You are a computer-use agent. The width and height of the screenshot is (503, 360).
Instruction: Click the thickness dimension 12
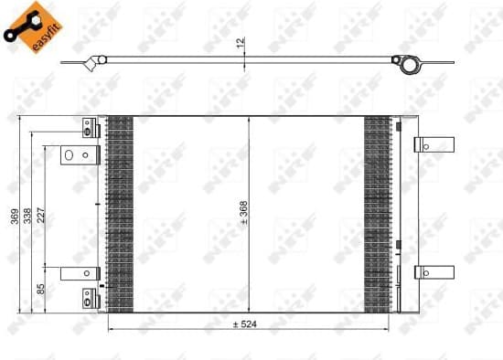(x=241, y=43)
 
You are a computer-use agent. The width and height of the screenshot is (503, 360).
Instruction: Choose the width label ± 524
(x=246, y=323)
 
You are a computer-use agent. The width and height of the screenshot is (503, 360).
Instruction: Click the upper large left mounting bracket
(x=80, y=156)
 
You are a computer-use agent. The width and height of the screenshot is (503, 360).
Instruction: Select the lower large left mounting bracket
(x=80, y=272)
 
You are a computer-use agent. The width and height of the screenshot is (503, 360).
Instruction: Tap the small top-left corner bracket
(x=90, y=127)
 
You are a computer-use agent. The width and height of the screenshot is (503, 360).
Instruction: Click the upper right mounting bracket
(x=433, y=144)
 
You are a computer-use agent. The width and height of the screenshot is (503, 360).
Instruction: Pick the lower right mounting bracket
(x=433, y=271)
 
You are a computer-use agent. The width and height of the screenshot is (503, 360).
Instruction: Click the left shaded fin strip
(x=120, y=212)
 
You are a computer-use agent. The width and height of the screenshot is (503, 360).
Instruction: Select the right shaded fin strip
(x=377, y=212)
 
